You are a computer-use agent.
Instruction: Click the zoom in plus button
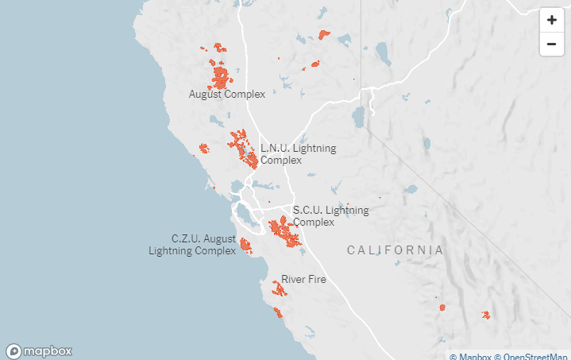[x=551, y=21]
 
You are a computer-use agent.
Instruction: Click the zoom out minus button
[x=551, y=44]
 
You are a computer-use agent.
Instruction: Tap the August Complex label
[x=226, y=94]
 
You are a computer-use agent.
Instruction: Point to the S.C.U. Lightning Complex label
[x=330, y=216]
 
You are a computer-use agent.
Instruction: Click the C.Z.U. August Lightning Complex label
[x=193, y=245]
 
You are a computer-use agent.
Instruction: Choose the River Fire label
[x=303, y=279]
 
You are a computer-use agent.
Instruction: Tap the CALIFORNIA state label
[x=395, y=250]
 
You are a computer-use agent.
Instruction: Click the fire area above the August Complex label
[x=220, y=77]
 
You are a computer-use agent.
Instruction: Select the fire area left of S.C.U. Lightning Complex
[x=282, y=230]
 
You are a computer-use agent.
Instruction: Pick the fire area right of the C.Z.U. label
[x=245, y=245]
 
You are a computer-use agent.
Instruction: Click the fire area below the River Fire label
[x=279, y=289]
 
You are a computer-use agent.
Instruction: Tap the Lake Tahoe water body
[x=359, y=117]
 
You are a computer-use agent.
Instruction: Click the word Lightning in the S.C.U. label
[x=347, y=211]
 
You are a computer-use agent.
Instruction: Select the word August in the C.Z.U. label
[x=219, y=238]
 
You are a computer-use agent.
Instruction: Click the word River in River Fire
[x=293, y=279]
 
